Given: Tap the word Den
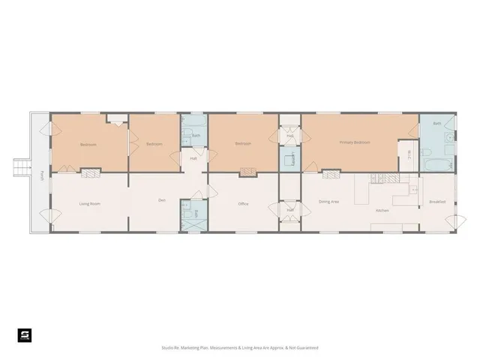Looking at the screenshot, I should coord(161,199).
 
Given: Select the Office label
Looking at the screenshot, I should coord(243,204).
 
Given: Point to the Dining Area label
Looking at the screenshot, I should coord(329,202).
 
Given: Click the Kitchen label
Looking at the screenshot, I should coord(382,211).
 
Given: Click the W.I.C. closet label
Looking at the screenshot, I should coord(409,154).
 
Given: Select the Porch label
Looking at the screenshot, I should coord(40,176).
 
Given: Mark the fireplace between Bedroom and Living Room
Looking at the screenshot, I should coord(90,172).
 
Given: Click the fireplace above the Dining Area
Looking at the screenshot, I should coord(330,172).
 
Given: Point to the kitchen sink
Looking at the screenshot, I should coord(414,191).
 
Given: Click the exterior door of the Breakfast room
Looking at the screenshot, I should coord(452,223).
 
